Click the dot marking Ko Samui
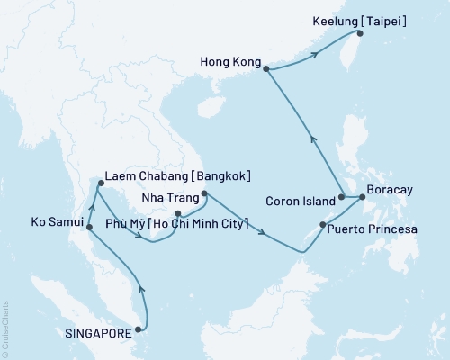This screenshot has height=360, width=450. click(x=88, y=228)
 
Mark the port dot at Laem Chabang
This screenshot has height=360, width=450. click(x=96, y=184)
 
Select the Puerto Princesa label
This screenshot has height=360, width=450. click(x=373, y=229)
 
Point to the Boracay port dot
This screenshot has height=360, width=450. click(x=361, y=196)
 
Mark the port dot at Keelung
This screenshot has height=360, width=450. click(x=359, y=34)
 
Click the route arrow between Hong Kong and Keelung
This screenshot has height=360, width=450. click(x=314, y=56)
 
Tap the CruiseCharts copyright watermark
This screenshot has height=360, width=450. click(x=5, y=324)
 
